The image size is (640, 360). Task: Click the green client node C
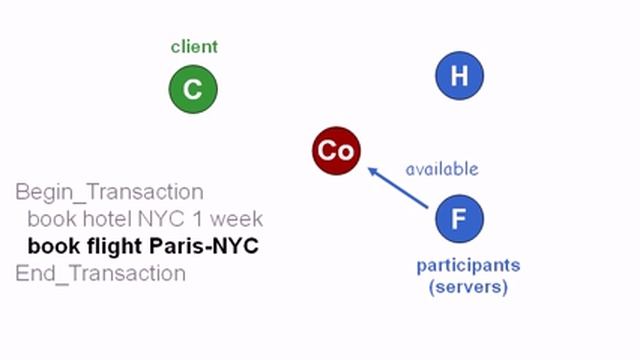pos(192,90)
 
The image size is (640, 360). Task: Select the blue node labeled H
pos(459,75)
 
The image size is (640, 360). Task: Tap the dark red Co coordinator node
pos(335,151)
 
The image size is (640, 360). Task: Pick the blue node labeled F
pos(459,219)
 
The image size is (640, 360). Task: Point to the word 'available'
pos(441,169)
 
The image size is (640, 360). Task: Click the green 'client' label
pos(194,46)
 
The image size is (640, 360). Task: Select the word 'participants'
pos(468,266)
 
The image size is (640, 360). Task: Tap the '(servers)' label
pos(468,287)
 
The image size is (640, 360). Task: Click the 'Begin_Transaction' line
pos(109,191)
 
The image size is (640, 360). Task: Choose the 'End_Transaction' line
pos(100,273)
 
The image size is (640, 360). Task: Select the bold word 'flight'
pos(112,246)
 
